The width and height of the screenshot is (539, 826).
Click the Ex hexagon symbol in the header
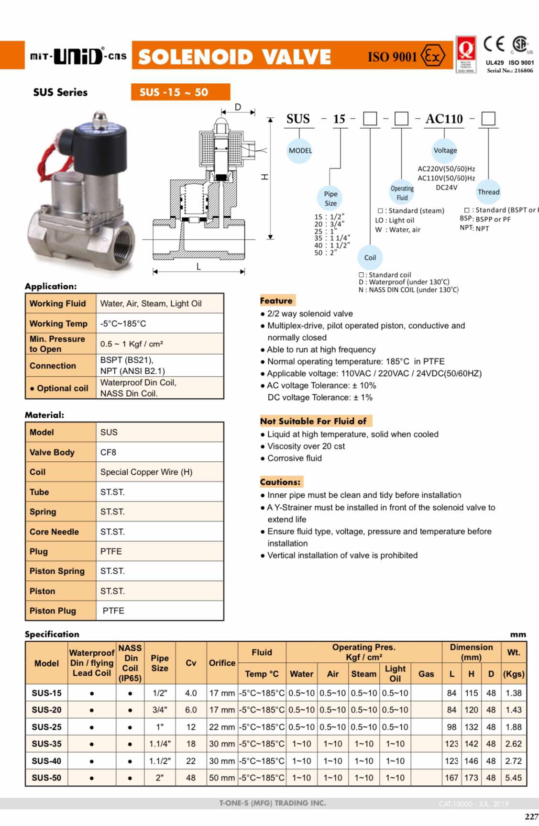(433, 56)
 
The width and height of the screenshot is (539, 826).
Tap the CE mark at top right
(494, 44)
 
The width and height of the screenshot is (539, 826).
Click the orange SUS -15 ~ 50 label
(180, 92)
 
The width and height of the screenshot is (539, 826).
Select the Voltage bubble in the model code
(445, 150)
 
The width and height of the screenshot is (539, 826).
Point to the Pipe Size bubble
(330, 198)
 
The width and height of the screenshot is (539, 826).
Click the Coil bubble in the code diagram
(370, 257)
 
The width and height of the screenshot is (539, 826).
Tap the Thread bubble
(488, 192)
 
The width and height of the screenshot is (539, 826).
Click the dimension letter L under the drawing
(198, 267)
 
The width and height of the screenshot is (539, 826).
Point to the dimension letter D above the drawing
(238, 107)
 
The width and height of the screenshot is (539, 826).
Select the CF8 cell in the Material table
(109, 452)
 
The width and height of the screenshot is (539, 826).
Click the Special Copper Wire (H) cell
(146, 472)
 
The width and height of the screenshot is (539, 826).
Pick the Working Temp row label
(58, 324)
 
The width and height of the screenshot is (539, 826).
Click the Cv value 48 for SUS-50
(191, 778)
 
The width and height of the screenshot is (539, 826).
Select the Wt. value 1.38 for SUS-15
(514, 693)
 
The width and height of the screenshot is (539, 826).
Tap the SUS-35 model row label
(46, 744)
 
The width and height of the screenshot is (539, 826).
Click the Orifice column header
(222, 663)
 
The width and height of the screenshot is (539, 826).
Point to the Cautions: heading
(281, 482)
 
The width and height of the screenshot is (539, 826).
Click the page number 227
(531, 816)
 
